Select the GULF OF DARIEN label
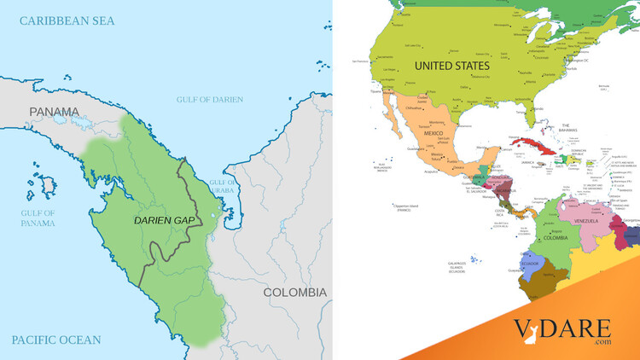click(x=209, y=99)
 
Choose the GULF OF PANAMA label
click(x=38, y=218)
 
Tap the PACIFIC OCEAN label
click(x=56, y=340)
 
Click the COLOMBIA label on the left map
click(x=294, y=292)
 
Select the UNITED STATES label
click(x=451, y=66)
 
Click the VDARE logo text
click(x=562, y=328)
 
